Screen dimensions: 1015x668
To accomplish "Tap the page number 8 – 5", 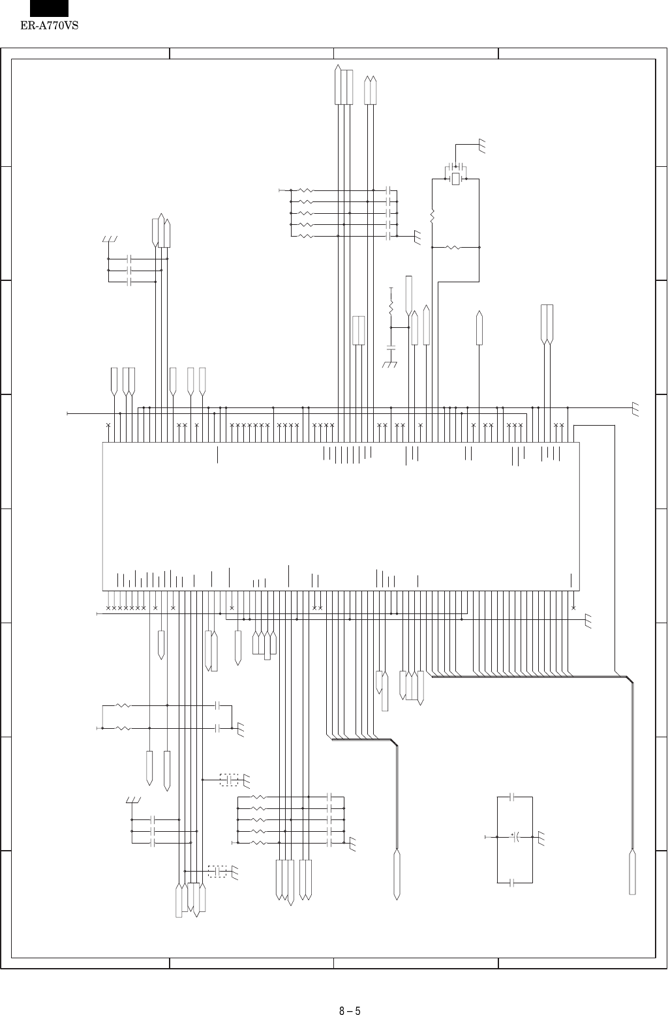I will [350, 993].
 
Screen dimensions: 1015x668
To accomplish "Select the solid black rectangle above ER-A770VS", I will [49, 8].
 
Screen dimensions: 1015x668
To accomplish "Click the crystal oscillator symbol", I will [456, 178].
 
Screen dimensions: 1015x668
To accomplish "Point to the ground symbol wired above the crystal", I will [483, 147].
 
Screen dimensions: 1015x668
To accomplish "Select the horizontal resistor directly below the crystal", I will [452, 248].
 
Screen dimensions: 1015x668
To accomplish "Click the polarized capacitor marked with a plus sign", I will [515, 836].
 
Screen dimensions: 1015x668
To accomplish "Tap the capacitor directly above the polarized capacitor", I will [513, 797].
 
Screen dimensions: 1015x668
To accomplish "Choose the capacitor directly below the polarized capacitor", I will [513, 882].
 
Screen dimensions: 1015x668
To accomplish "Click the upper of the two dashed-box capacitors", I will [229, 779].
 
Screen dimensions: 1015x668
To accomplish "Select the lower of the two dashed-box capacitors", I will [217, 871].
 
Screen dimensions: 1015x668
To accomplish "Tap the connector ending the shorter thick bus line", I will [397, 874].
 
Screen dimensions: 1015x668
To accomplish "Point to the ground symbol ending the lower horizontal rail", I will [589, 620].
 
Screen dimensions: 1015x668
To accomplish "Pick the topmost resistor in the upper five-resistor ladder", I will [305, 190].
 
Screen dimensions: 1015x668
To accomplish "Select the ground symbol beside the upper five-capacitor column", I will [418, 238].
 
